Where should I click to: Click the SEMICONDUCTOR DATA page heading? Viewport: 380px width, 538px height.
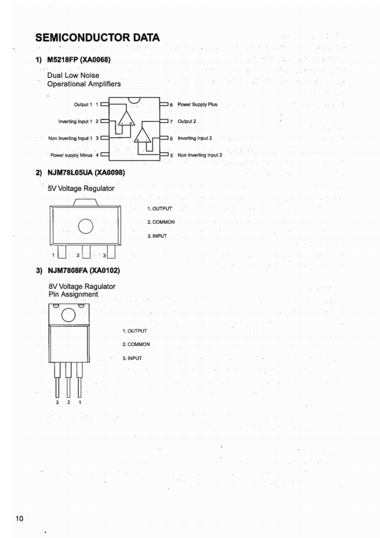97,37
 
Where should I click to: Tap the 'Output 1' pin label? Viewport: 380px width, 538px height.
83,104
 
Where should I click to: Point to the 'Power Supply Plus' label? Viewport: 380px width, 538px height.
197,104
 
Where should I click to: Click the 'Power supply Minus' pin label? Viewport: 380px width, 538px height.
71,155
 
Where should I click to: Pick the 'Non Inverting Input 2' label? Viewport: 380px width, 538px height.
200,155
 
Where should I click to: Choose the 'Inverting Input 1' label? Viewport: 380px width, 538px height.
75,121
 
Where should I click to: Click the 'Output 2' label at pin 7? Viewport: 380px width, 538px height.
186,121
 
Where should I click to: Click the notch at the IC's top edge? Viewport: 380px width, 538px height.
134,100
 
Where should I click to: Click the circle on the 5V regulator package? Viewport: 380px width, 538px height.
86,225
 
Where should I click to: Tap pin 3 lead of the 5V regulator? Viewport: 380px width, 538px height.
111,251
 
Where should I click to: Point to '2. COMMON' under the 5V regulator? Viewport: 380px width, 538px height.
161,222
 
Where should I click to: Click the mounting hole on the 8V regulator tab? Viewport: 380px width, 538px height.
69,315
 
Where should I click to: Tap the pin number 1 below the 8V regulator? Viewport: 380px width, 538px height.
80,402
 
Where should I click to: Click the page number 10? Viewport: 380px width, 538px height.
19,518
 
